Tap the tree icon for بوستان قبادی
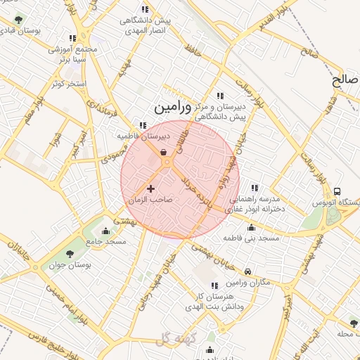point(18,20)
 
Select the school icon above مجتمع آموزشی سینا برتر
point(72,38)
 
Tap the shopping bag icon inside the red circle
point(163,151)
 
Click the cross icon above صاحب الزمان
point(150,188)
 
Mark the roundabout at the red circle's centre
point(168,164)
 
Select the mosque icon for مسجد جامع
point(106,231)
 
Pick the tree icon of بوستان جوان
point(69,254)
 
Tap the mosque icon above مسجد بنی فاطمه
point(251,227)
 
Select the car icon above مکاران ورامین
point(247,271)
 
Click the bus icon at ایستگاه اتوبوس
point(337,191)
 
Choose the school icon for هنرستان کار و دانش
point(214,285)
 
